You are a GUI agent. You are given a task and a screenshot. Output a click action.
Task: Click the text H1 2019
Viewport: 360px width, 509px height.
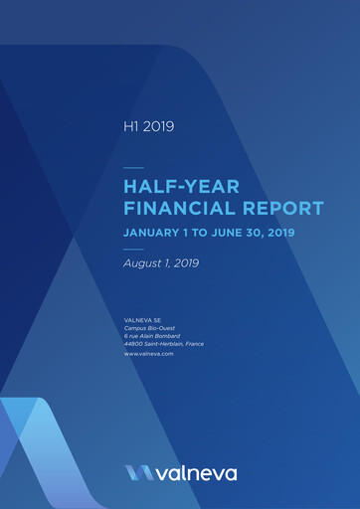tap(149, 126)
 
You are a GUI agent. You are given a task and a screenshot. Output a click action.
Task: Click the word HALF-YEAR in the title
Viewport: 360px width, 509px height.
tap(181, 187)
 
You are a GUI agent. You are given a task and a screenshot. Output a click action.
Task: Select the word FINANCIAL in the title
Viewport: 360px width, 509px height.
tap(180, 209)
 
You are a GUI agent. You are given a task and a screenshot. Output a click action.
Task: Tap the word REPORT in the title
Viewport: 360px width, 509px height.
tap(283, 209)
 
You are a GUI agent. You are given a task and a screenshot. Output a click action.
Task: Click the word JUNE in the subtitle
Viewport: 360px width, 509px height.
tap(227, 233)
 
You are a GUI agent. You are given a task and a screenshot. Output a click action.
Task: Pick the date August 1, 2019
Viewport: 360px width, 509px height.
tap(161, 263)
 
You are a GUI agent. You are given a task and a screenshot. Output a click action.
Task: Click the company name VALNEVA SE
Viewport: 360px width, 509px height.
tap(142, 320)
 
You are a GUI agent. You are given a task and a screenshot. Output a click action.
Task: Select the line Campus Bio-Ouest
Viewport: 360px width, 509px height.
tap(149, 328)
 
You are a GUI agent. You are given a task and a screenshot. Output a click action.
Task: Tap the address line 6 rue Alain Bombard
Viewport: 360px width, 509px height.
tap(152, 336)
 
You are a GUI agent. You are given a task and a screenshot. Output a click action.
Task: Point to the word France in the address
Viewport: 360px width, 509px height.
tap(195, 344)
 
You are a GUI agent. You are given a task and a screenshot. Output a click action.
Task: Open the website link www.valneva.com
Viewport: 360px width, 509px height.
tap(149, 354)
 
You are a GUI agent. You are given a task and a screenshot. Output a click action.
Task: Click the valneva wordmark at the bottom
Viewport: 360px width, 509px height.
tap(197, 473)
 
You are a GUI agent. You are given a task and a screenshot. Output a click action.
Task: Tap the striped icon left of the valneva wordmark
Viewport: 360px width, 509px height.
tap(139, 473)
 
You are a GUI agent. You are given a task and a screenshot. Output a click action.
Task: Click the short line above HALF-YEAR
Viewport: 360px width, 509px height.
tap(133, 168)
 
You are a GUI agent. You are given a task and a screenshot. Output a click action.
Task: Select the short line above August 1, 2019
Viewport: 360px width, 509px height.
tap(133, 250)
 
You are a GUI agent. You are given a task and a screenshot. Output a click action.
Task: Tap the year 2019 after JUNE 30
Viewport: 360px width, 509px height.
tap(281, 233)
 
